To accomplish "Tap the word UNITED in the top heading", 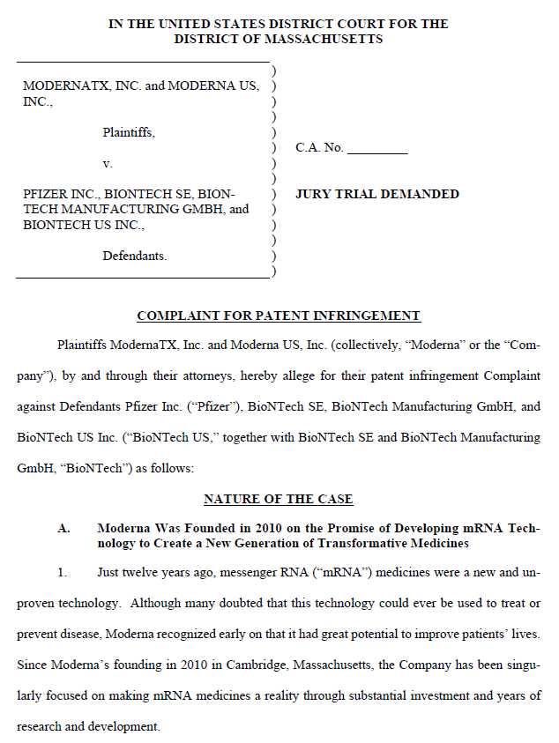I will click(x=182, y=24).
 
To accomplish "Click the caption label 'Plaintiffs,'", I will click(x=129, y=133).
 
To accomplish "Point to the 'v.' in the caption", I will click(x=108, y=164).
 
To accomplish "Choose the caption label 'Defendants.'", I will click(x=135, y=256).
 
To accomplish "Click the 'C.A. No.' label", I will click(x=319, y=148).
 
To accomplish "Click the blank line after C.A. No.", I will click(x=377, y=148).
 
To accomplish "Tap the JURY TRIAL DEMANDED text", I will click(x=377, y=194).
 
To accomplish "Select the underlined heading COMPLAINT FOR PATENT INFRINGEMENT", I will click(x=279, y=316).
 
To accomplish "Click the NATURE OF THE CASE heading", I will click(x=279, y=499).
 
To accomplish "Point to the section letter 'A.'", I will click(x=64, y=528).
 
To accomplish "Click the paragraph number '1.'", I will click(x=63, y=573).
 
